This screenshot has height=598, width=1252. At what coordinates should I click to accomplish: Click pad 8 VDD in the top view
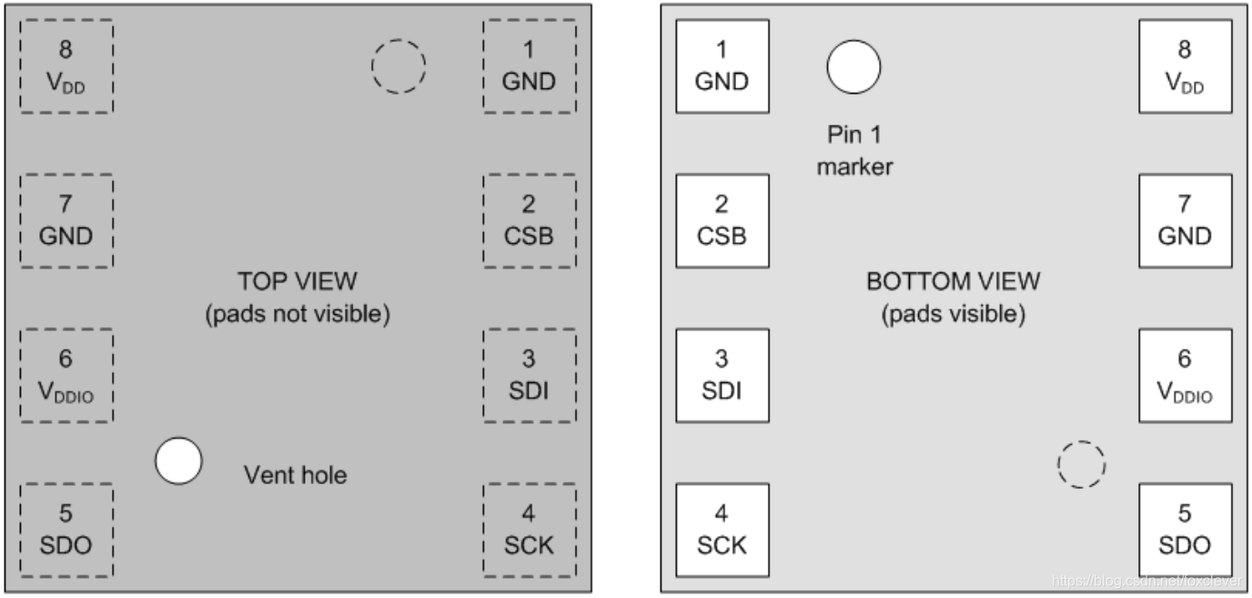66,66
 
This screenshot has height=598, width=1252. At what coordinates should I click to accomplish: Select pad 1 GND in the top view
529,66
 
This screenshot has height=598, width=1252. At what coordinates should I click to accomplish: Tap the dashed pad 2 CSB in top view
529,221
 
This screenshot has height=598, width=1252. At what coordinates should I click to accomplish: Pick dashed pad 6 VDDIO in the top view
66,375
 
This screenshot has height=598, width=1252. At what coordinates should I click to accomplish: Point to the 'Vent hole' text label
296,474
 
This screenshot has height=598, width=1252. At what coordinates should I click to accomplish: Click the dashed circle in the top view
399,66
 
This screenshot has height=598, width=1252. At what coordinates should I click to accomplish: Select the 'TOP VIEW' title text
298,280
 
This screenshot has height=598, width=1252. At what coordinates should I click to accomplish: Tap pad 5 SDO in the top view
66,530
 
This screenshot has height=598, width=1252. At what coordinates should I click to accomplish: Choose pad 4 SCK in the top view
529,530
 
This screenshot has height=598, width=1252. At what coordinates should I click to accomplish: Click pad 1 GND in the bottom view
722,66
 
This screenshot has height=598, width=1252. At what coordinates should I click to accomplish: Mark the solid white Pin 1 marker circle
853,66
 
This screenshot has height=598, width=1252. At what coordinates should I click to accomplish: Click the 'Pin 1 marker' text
854,150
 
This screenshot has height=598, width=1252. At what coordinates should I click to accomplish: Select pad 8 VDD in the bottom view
1185,66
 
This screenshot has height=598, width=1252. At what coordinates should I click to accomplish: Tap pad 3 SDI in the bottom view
722,375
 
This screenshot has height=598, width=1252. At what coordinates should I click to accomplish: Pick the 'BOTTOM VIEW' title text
954,280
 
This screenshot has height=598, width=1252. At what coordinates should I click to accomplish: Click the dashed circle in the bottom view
1081,465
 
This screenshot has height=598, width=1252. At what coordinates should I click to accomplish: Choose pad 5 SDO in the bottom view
1185,530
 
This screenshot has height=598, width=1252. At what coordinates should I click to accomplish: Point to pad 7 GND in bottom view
1185,221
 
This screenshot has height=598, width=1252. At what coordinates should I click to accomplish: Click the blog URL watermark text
1149,580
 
